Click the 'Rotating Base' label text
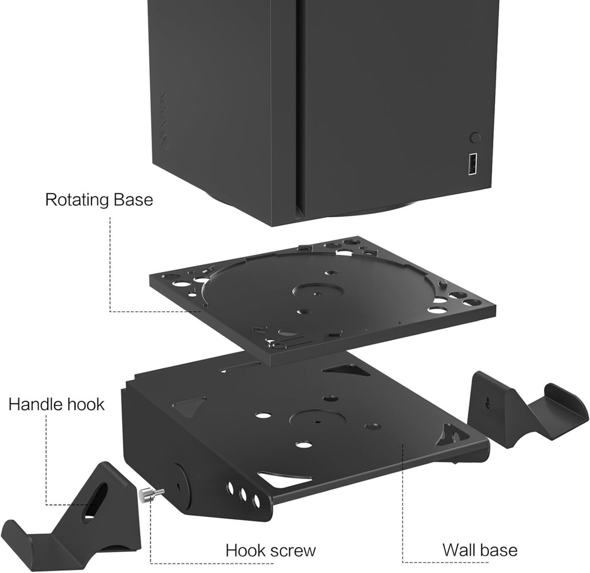coord(99,199)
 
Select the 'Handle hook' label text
coord(56,404)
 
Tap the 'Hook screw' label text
coord(271,551)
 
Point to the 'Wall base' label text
coord(480,550)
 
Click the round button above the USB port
coord(474,137)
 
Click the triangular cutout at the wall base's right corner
coord(451,436)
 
